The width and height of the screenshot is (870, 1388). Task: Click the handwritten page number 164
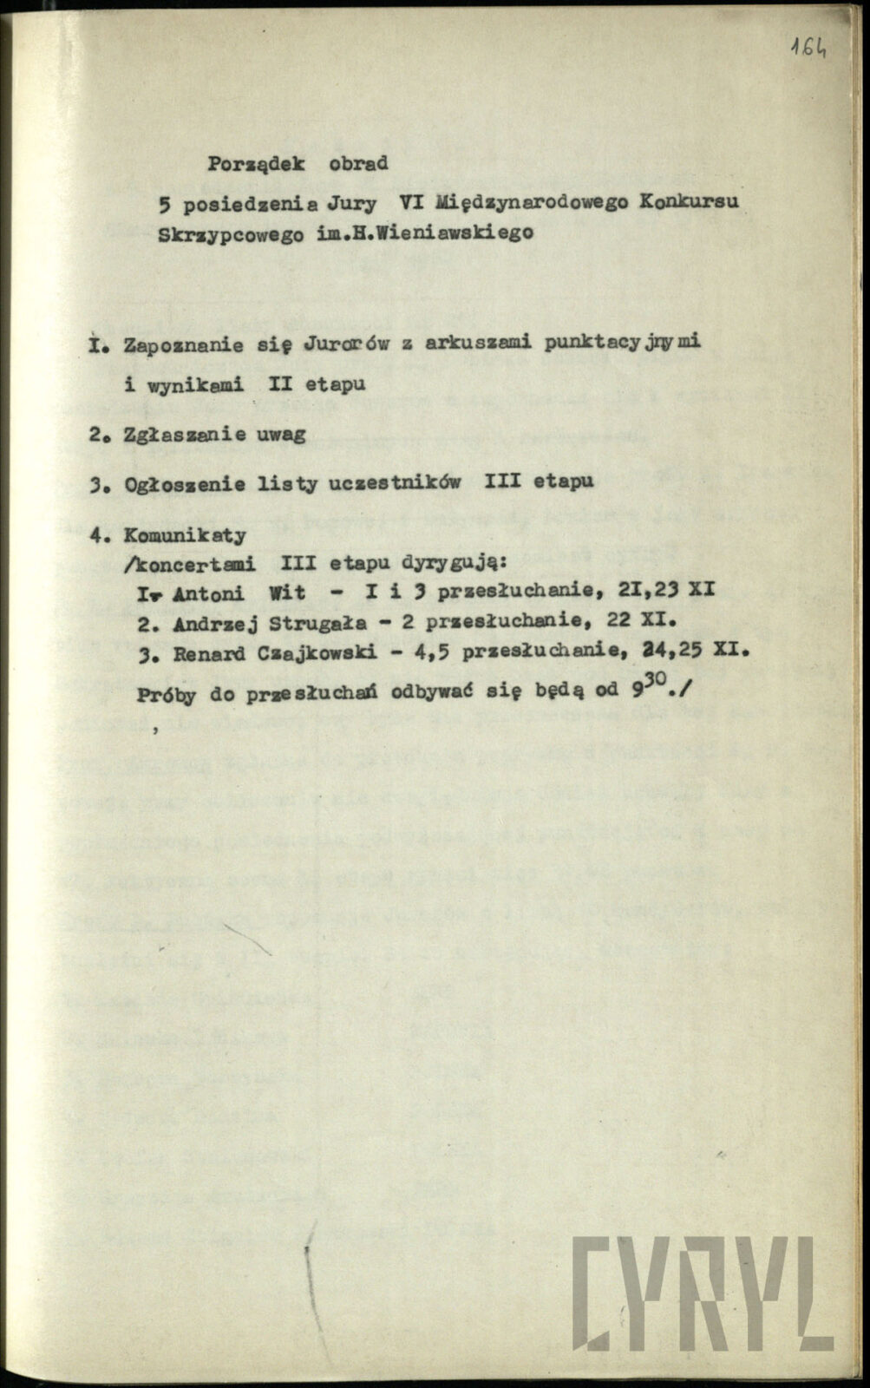coord(808,47)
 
